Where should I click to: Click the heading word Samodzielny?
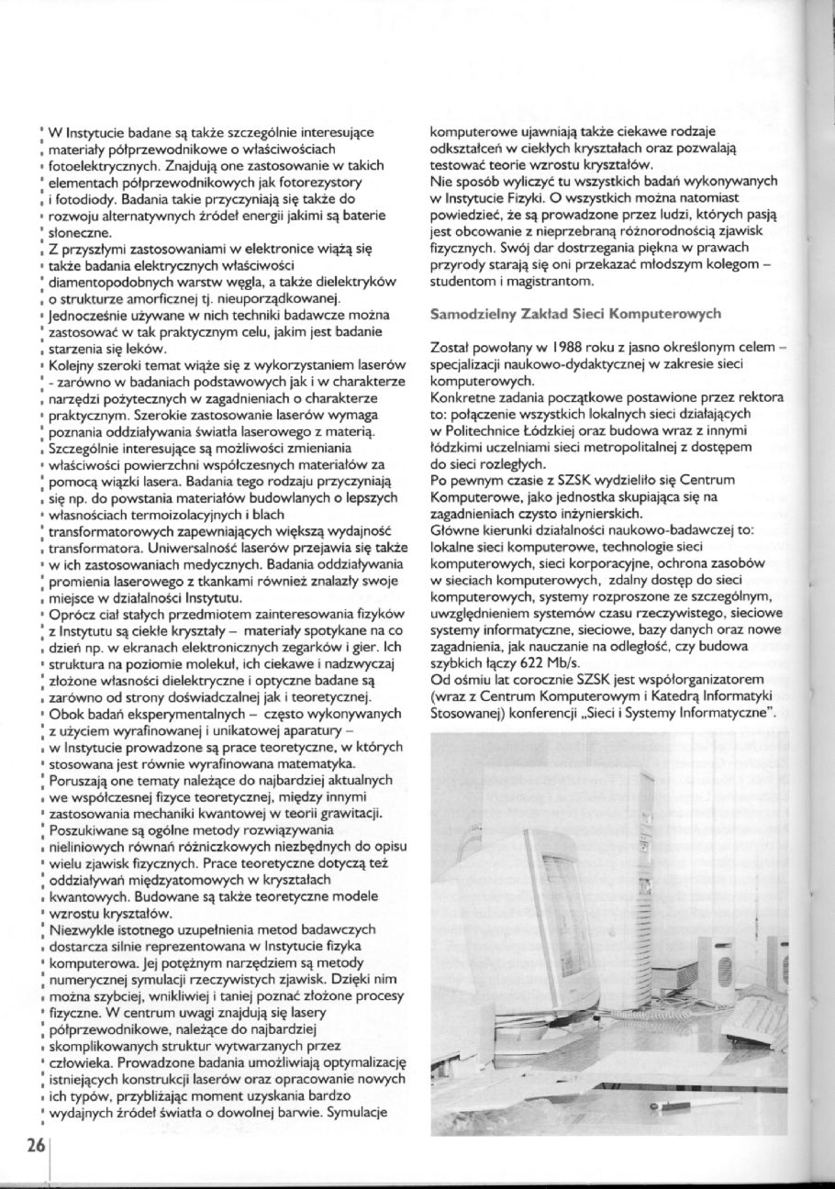click(x=472, y=314)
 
